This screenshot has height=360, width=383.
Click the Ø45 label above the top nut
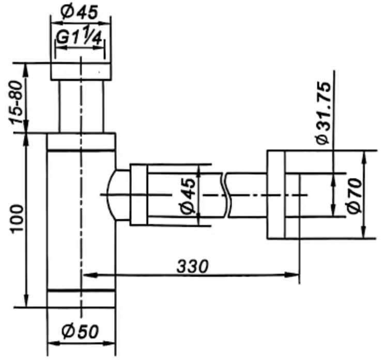point(79,12)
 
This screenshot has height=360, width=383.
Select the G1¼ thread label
point(79,36)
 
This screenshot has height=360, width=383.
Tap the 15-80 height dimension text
point(16,102)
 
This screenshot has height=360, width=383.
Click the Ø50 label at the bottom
point(80,331)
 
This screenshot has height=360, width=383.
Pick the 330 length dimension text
point(193,266)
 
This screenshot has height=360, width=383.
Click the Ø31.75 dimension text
point(323,113)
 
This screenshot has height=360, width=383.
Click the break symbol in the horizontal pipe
point(226,195)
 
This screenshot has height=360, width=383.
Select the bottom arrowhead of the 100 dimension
point(26,300)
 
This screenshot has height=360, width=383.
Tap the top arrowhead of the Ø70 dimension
point(364,158)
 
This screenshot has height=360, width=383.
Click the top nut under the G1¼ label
point(81,71)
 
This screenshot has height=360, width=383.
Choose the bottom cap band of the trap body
point(81,298)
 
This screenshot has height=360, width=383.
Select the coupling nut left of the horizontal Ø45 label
point(139,194)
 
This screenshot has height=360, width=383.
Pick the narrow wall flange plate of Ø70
point(276,194)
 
